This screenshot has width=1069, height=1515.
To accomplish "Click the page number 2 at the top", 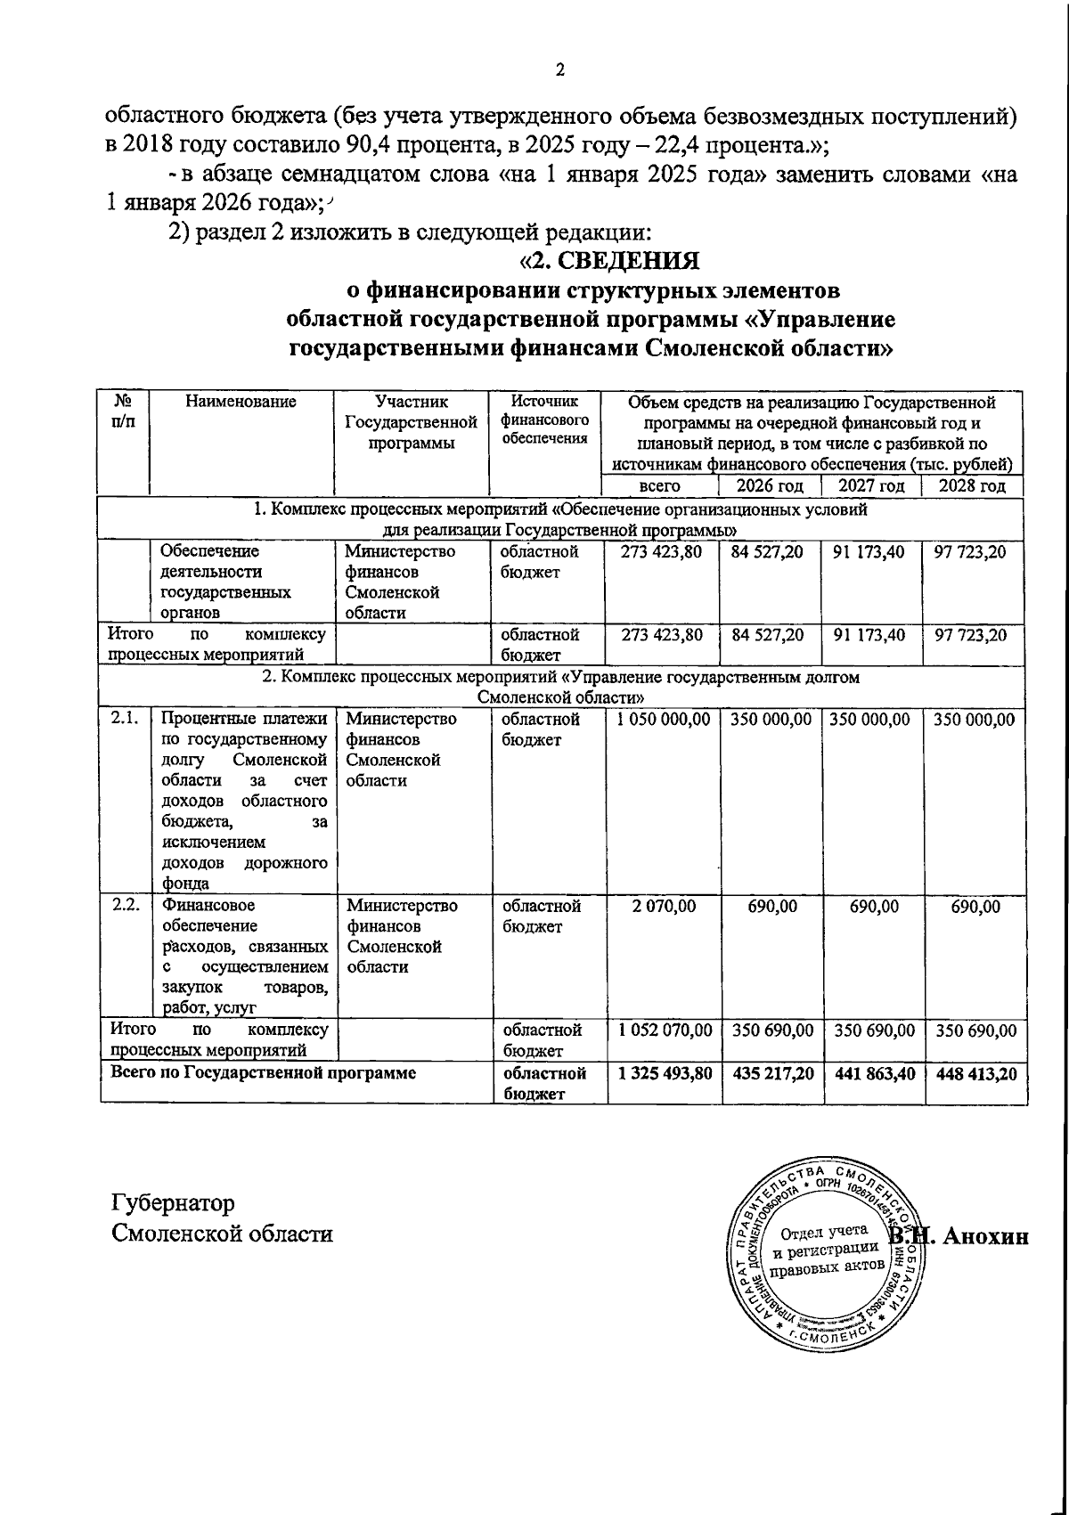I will point(560,71).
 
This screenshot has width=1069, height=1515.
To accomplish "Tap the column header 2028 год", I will point(973,485).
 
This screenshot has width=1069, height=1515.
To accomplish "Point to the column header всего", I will point(660,486).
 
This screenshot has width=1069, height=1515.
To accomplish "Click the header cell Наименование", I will point(241,403).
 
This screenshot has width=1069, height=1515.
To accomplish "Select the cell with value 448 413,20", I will point(974,1075).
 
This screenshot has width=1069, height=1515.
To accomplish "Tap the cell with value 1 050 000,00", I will point(660,720).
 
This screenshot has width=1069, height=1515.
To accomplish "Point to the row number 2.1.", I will point(125,719).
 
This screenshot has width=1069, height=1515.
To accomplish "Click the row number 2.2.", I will point(126,906).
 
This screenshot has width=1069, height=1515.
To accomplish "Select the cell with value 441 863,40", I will point(872,1075).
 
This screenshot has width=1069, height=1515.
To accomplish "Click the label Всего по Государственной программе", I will point(263,1073).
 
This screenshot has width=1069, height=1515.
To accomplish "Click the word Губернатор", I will point(173,1203).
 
